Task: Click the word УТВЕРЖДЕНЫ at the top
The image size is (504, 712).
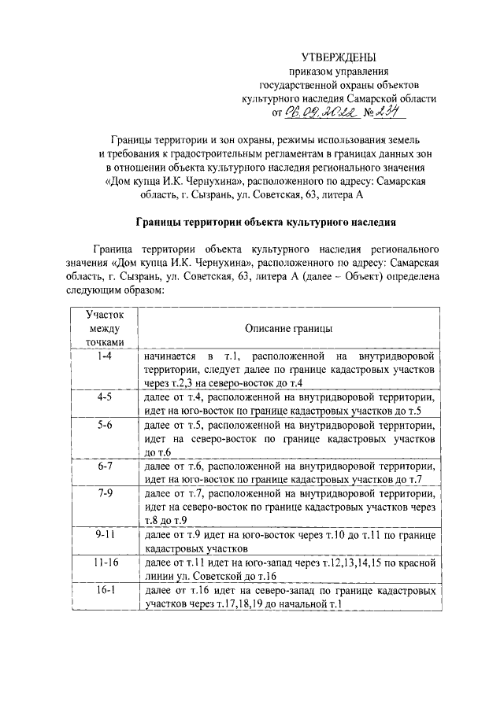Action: point(339,57)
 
